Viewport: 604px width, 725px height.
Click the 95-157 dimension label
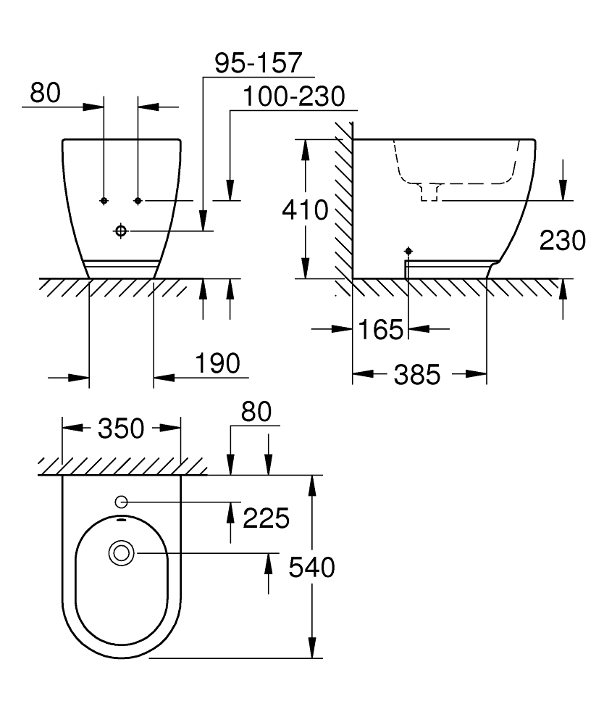[257, 63]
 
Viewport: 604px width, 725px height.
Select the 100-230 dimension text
[293, 96]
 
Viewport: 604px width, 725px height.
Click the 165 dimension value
[379, 331]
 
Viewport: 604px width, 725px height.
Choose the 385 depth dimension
[418, 374]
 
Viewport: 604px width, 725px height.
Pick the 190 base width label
[217, 363]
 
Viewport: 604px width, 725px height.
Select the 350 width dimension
[121, 428]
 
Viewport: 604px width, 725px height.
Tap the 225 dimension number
[267, 518]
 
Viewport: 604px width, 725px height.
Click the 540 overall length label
[311, 567]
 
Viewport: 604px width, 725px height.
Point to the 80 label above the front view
[46, 93]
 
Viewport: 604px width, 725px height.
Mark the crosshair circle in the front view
[120, 230]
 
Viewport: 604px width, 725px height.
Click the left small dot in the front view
[104, 199]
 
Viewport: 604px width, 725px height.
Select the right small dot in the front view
[138, 199]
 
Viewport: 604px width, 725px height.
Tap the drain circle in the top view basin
[120, 553]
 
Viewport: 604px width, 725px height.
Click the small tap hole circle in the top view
[120, 502]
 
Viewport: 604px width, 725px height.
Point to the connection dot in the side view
[408, 250]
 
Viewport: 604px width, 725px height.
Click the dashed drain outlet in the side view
[431, 191]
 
